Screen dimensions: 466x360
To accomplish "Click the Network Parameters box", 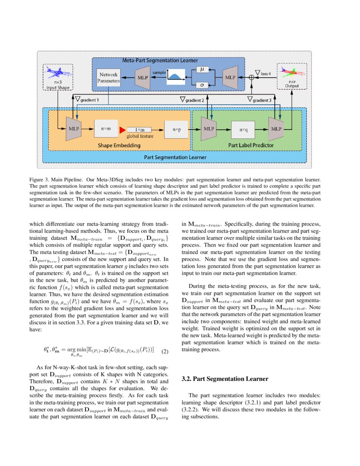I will coord(108,78).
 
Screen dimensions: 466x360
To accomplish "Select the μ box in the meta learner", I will coord(202,69).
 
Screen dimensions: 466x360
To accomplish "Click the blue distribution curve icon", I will coord(177,77).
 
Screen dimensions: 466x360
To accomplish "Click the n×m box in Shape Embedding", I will coord(106,128).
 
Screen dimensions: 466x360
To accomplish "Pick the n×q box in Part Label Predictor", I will coord(243,130).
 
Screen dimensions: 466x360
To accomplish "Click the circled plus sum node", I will coord(251,78).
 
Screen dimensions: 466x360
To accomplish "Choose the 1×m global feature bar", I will coord(140,129).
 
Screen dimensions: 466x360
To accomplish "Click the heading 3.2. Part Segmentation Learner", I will coord(225,378).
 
